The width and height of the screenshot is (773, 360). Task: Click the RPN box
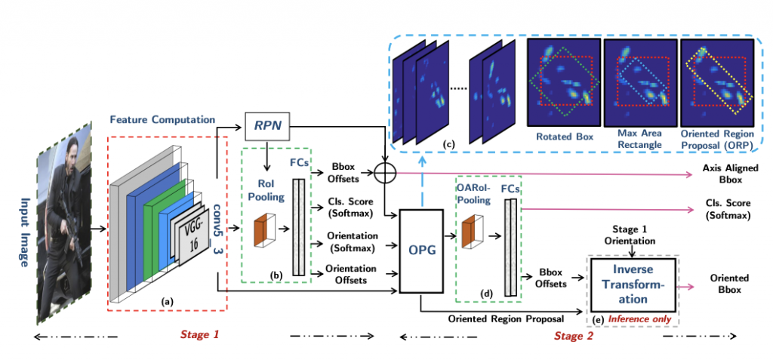(x=269, y=126)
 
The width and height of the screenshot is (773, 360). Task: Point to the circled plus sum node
(x=386, y=173)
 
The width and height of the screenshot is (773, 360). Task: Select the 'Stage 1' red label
(x=201, y=334)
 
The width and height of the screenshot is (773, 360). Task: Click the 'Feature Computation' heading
(x=163, y=119)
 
